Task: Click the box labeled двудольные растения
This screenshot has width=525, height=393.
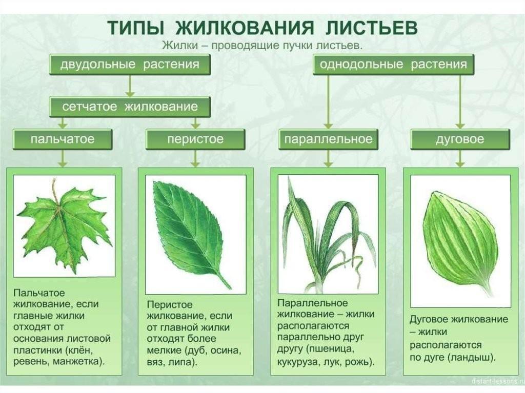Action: [130, 64]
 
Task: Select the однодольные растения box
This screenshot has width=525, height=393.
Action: [393, 64]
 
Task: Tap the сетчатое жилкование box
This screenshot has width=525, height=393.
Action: [130, 107]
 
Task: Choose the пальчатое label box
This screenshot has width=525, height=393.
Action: [63, 139]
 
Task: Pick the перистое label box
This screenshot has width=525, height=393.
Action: [195, 139]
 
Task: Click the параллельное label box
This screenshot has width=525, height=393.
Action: [328, 139]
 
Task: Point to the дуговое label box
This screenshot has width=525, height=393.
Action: [460, 139]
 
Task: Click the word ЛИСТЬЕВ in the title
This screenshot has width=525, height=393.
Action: [372, 28]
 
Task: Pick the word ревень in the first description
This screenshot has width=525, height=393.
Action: [30, 362]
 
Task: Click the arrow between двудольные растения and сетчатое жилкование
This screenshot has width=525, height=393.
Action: [130, 86]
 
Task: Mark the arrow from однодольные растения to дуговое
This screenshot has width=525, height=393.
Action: [460, 102]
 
